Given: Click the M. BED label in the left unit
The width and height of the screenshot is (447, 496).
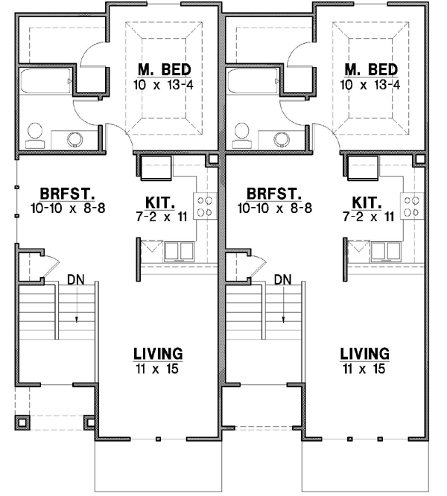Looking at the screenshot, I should pos(164,70).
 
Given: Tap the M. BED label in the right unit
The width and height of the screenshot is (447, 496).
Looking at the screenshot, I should pos(372,70).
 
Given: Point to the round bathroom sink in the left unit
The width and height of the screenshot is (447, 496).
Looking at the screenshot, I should pos(76,138).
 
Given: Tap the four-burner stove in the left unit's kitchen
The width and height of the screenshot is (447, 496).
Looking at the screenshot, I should pos(203,206).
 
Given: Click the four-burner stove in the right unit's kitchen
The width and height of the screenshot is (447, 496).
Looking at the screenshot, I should pos(410,206).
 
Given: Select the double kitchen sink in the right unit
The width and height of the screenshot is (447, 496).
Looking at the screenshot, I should pos(387,251).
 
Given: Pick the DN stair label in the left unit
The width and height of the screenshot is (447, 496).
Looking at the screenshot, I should pos(75,280).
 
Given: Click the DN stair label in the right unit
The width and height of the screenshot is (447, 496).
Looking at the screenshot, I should pos(282,280).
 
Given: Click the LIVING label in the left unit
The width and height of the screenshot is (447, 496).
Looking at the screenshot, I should pos(158,353).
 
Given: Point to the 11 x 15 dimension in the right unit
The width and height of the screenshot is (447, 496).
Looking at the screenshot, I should pos(365,368).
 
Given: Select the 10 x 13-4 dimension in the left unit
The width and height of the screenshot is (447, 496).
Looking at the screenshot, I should pos(164,84).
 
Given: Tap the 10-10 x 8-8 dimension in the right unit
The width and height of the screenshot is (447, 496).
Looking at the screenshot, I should pos(269,211).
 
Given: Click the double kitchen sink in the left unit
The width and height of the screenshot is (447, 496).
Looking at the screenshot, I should pos(179,251).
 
